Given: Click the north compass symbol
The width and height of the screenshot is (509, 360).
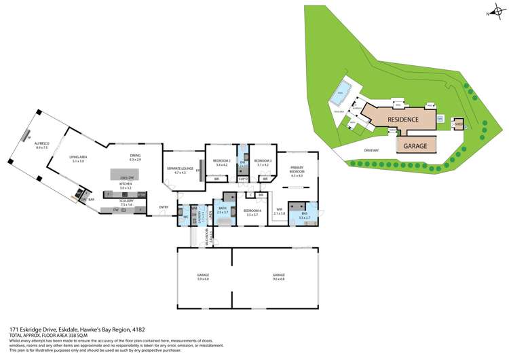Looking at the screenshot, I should [x=491, y=13].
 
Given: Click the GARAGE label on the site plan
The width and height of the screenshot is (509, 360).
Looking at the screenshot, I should [x=415, y=145].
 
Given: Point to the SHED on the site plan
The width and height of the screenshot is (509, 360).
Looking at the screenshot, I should [x=459, y=124].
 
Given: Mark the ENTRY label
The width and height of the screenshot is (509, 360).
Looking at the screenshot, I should [x=164, y=206].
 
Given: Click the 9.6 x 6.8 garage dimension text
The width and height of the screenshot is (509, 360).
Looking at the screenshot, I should [x=278, y=278].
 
